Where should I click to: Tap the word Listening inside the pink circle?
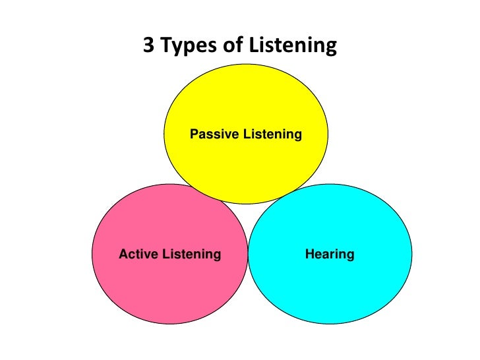[192, 255]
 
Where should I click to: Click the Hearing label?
[330, 255]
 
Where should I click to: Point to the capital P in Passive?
[194, 135]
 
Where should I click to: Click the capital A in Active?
[123, 254]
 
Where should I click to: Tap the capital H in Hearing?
[309, 254]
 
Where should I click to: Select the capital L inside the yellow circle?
[245, 135]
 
